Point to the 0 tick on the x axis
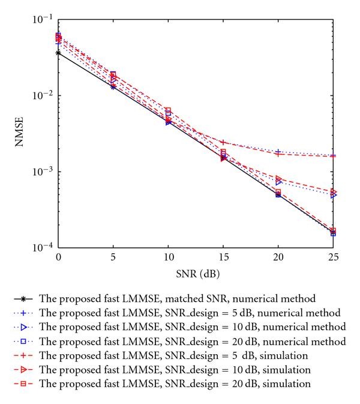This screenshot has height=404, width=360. pos(58,257)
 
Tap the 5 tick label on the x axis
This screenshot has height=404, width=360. pos(113,257)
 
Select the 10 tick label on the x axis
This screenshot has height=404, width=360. pos(168,257)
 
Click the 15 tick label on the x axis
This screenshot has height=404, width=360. pos(223,257)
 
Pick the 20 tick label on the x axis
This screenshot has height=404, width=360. pos(278,257)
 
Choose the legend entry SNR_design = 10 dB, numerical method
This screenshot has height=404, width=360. pos(192,327)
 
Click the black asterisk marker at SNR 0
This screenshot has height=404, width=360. pos(58,53)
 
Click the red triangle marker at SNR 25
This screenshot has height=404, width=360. pos(333,192)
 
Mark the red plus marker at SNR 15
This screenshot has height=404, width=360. pos(223,142)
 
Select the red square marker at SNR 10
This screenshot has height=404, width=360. pos(168,110)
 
